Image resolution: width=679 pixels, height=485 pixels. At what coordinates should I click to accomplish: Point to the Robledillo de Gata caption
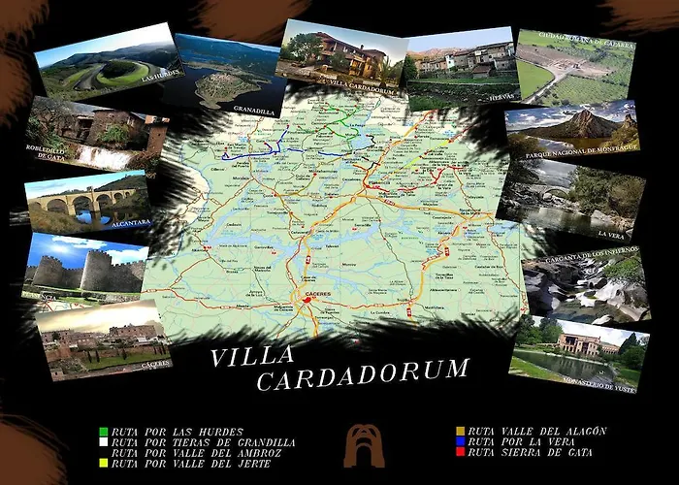point(49,151)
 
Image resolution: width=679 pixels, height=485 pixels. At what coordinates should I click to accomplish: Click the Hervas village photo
point(460,68)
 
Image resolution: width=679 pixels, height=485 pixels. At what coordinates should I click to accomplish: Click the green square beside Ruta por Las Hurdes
point(104,431)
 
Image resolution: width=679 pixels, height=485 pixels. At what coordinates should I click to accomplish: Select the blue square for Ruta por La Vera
point(460,441)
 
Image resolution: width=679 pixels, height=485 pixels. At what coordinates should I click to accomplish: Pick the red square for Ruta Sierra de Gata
point(460,452)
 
